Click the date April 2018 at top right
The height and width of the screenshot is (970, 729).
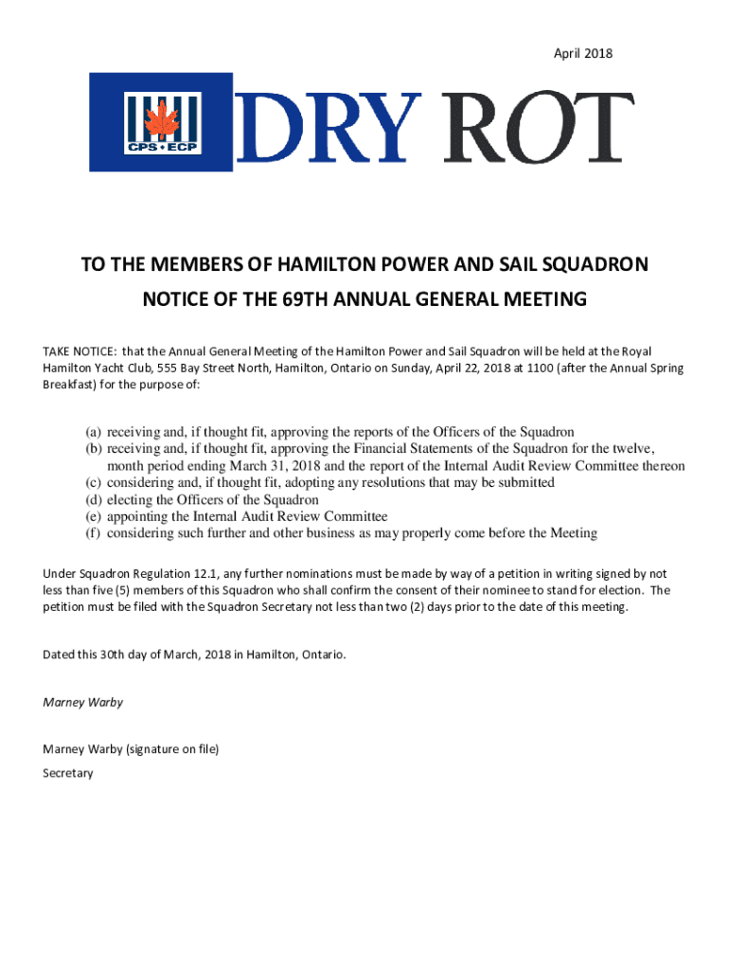pos(583,54)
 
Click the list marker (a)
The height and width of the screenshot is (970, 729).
pos(94,432)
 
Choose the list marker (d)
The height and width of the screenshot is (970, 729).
pos(94,499)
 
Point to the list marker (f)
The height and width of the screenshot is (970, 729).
pos(94,533)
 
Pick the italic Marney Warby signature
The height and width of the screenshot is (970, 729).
pos(83,703)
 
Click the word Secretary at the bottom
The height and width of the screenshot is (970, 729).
pos(68,773)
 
